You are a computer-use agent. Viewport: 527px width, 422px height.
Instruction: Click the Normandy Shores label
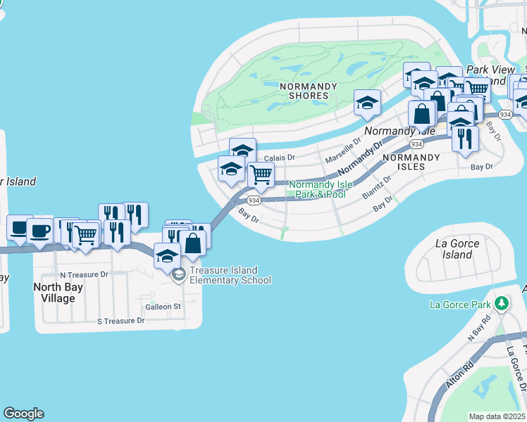pos(304,91)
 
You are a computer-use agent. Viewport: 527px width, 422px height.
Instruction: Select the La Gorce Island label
pos(457,249)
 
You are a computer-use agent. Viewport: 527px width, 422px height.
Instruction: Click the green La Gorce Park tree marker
pos(501,304)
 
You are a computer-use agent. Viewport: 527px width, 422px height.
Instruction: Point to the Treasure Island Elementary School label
pos(230,275)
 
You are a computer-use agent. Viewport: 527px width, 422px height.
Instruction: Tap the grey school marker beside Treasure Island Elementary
pos(178,274)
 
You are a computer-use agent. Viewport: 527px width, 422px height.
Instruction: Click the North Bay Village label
pos(58,293)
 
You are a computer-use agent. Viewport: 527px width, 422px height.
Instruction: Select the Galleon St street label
pos(163,307)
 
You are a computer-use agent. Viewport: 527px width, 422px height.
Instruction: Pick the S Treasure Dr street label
pos(120,321)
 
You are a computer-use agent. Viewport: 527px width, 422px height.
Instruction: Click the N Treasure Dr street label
pos(84,274)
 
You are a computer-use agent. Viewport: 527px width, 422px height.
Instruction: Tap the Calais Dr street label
pos(279,158)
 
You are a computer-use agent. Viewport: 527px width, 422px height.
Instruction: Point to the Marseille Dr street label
pos(342,149)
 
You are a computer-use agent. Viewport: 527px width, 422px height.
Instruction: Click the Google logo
pos(23,414)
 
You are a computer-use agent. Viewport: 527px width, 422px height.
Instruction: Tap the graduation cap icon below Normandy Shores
pos(367,103)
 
